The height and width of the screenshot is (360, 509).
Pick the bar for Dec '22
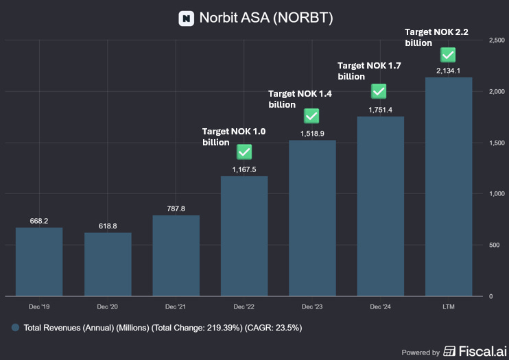coord(244,236)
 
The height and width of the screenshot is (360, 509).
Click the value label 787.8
coord(176,208)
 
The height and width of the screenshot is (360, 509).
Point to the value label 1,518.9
coord(312,134)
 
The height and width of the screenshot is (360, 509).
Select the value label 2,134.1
coord(449,71)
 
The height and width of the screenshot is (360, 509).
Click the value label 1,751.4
coord(380,110)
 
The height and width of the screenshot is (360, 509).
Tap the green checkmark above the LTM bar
coord(449,55)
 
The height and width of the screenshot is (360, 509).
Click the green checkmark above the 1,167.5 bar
coord(244,152)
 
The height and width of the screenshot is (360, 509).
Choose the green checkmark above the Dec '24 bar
coord(379,91)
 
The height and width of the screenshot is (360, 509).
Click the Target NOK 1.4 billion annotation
coord(300,99)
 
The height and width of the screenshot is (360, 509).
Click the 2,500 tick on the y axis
coord(497,40)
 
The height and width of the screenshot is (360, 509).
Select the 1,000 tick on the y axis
coord(497,194)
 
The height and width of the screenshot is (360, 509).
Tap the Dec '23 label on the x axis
coord(312,306)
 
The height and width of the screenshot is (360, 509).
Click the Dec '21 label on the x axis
coord(176,306)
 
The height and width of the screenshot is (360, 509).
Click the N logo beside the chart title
coord(186,19)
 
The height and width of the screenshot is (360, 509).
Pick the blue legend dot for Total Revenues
coord(15,328)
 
